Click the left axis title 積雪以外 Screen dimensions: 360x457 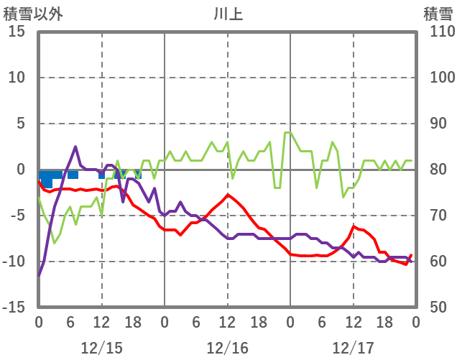28,12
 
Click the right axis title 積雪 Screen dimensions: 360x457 438,12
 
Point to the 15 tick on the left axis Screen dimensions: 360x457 17,32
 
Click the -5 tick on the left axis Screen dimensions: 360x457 18,216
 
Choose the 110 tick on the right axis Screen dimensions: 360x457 438,32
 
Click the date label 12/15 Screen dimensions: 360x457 101,348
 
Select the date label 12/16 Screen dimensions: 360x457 227,348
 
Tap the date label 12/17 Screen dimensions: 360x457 353,348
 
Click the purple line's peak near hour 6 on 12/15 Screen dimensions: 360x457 75,147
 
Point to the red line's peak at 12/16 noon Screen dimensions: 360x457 228,195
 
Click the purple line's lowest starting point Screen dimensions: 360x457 39,275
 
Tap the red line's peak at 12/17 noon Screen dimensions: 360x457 354,226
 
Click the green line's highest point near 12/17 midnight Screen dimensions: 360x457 287,133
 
